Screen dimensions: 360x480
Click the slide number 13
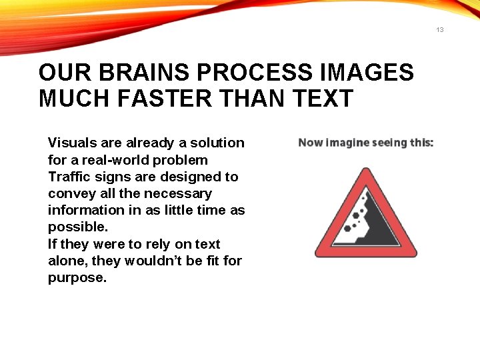440,30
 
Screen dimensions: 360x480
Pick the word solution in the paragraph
217,143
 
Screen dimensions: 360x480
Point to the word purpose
77,277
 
